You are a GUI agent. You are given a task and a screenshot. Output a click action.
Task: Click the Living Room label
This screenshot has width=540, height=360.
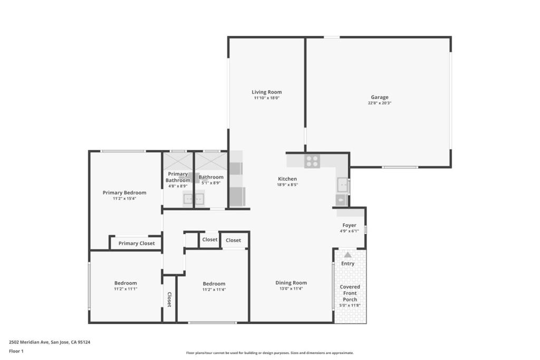[266, 92]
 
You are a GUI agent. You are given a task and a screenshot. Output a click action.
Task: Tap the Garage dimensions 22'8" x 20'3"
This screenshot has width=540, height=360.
[380, 103]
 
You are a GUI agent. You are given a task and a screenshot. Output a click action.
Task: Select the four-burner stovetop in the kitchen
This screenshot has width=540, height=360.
[312, 161]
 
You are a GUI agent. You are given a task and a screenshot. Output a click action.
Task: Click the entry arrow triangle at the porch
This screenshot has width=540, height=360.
[348, 255]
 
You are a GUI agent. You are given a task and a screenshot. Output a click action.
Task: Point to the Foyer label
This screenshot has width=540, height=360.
[349, 225]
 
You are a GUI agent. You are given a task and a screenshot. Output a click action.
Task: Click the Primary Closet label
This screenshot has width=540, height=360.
[137, 244]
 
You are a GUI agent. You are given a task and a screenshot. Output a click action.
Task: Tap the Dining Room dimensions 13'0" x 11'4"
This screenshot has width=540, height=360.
[291, 289]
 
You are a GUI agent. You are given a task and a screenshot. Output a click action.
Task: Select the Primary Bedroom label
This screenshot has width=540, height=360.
[124, 193]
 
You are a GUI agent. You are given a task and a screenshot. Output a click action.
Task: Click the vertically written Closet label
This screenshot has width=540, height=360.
[169, 299]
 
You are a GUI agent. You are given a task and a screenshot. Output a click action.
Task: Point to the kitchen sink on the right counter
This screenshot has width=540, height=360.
[343, 186]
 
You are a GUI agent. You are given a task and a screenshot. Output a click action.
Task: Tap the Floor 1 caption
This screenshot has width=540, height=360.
[16, 351]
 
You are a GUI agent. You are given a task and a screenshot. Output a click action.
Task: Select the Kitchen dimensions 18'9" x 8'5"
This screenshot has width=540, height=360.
[287, 185]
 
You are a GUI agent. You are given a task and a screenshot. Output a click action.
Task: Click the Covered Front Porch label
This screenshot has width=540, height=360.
[350, 293]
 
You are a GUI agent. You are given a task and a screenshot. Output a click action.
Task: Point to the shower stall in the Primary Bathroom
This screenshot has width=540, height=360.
[178, 161]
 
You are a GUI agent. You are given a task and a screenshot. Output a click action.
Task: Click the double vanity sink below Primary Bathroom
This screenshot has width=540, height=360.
[194, 199]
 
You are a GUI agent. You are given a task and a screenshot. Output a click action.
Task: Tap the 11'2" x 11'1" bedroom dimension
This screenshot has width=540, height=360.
[126, 289]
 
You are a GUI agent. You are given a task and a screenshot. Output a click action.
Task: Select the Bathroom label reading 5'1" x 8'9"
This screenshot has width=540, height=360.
[211, 183]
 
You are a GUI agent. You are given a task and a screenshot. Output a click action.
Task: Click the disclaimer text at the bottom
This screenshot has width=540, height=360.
[269, 353]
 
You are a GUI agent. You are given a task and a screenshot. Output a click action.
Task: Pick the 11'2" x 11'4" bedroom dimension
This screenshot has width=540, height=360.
[214, 290]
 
